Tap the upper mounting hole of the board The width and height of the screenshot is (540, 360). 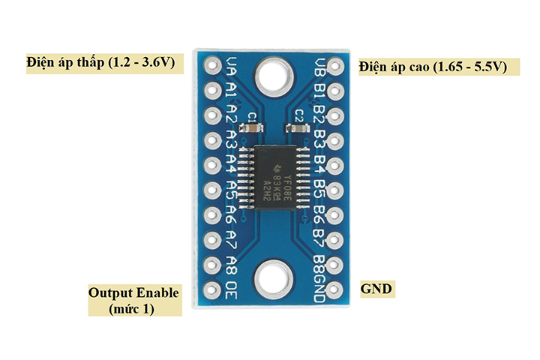click(x=271, y=75)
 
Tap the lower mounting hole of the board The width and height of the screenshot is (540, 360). click(x=271, y=280)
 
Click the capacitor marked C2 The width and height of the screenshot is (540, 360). click(x=298, y=128)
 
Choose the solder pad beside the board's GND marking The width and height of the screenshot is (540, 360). click(x=334, y=288)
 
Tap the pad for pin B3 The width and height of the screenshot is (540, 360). click(x=334, y=140)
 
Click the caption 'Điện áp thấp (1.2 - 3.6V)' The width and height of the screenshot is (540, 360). click(x=100, y=61)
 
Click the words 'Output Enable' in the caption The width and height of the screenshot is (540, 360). click(x=133, y=292)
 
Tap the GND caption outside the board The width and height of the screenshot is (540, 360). click(x=376, y=289)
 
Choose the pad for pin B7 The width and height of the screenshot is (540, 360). click(x=334, y=239)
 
